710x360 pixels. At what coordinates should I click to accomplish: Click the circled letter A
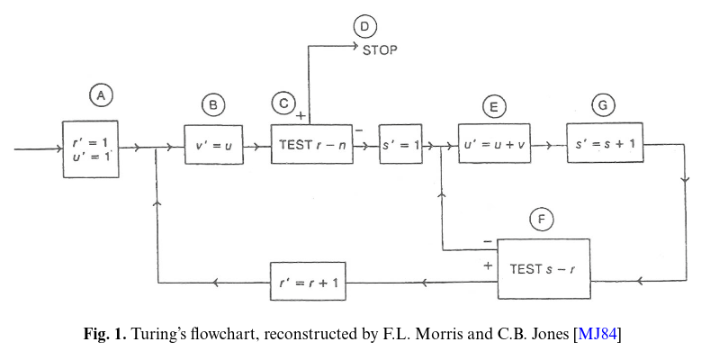point(103,94)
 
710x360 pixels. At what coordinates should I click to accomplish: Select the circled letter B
point(213,105)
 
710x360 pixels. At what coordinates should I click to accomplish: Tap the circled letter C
point(283,104)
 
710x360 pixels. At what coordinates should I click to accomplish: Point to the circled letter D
point(364,27)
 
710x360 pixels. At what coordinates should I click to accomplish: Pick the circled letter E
point(493,106)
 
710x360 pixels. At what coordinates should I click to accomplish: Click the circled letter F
point(541,219)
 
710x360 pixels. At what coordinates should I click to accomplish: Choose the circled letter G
point(604,105)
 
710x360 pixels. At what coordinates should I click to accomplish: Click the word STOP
point(380,49)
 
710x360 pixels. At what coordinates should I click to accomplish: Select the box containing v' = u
point(214,145)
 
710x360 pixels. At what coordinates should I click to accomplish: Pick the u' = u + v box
point(493,145)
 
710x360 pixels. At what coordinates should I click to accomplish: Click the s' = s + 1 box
point(605,145)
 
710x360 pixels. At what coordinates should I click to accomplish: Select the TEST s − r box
point(544,268)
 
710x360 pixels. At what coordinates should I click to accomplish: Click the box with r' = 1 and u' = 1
point(90,148)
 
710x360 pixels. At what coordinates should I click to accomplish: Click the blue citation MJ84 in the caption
point(598,336)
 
